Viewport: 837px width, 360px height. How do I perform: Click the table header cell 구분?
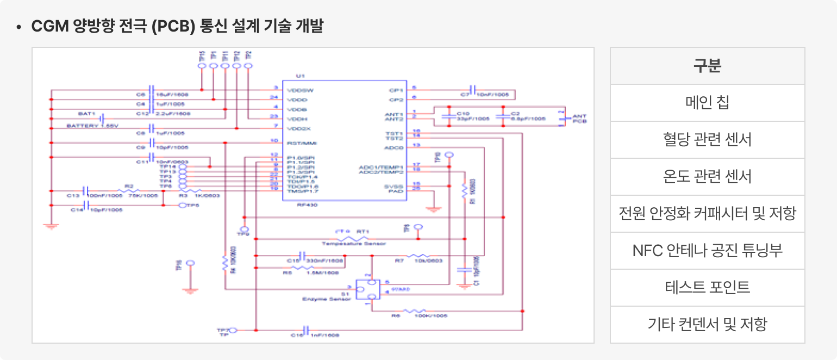click(x=707, y=66)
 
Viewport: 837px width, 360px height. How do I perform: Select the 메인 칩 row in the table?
click(x=707, y=103)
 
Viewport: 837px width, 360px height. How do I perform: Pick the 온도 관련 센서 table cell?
click(x=707, y=177)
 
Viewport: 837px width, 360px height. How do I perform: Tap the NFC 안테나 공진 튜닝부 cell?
click(x=707, y=251)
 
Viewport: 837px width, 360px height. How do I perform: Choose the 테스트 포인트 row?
click(x=707, y=287)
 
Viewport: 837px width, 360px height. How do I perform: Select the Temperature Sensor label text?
click(x=353, y=244)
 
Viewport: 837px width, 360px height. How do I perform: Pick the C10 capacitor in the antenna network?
click(x=449, y=116)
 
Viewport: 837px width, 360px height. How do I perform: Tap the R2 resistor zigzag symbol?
click(x=128, y=191)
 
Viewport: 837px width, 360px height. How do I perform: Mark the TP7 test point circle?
click(x=234, y=330)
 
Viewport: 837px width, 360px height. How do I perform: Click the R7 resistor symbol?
click(x=418, y=256)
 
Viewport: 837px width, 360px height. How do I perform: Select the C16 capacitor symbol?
click(x=305, y=330)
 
